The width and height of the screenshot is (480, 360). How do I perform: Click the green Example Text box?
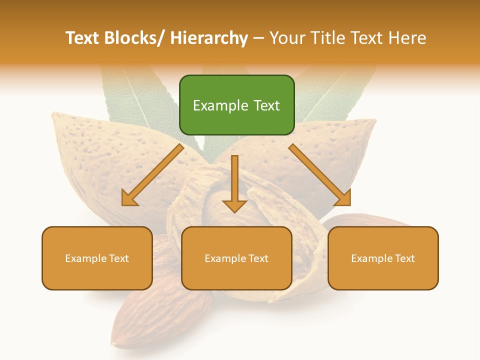click(x=236, y=105)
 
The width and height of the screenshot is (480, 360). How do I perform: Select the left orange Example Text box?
click(x=97, y=258)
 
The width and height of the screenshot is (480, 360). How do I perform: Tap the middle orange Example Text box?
click(x=236, y=258)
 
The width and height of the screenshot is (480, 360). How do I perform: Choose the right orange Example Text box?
click(x=383, y=258)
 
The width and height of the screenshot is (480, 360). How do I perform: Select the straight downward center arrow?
click(x=234, y=180)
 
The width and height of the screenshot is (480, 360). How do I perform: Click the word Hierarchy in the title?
click(x=208, y=38)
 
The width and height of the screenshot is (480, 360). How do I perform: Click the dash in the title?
click(x=258, y=38)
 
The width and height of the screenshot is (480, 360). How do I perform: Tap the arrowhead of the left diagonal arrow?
click(x=128, y=199)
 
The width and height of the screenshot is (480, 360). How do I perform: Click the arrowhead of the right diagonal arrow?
click(x=344, y=199)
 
